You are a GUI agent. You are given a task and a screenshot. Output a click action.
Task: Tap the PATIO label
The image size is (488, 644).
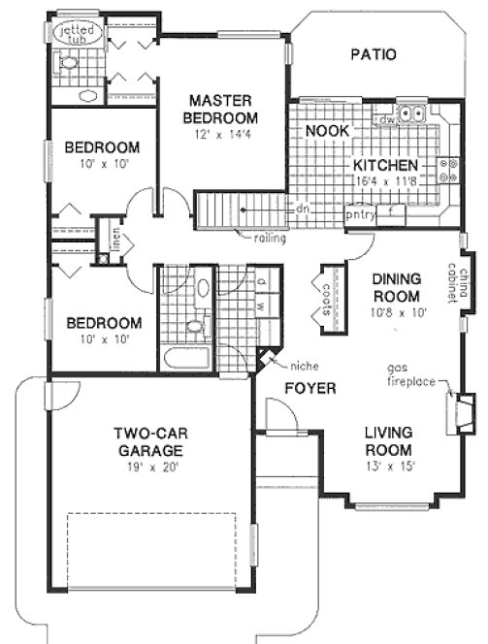click(373, 54)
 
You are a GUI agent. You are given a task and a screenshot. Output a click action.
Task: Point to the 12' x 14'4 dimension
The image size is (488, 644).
click(221, 135)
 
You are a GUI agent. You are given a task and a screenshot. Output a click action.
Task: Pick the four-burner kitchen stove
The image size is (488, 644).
click(449, 172)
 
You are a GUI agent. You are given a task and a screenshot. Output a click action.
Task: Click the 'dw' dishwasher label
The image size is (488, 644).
click(385, 118)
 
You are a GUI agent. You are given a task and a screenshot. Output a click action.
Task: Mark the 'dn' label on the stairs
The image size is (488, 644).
click(304, 208)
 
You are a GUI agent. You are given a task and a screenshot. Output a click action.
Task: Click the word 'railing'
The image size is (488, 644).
click(269, 238)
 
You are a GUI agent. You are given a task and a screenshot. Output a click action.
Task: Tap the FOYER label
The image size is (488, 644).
click(309, 389)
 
